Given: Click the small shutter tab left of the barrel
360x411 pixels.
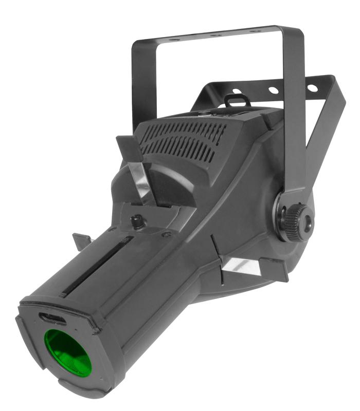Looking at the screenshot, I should [82, 240].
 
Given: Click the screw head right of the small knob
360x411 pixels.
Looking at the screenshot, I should [166, 234].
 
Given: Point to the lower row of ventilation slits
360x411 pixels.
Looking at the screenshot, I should [180, 146].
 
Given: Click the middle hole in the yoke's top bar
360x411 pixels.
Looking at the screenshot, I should [217, 35].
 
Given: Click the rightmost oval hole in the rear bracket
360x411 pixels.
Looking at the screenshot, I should [313, 88].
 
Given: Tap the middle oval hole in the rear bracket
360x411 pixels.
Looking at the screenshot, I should [273, 90].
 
